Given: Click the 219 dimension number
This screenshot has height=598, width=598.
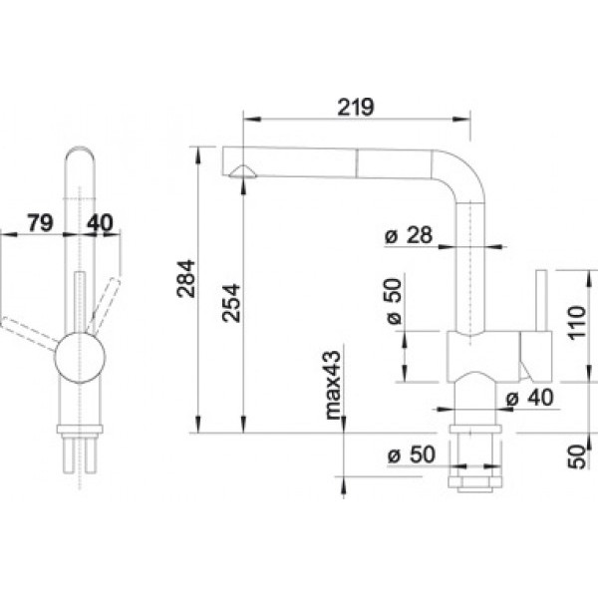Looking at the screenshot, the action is (x=356, y=107).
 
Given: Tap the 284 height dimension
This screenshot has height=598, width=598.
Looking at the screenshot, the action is (x=186, y=278).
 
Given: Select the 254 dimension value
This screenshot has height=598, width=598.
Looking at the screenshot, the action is (x=231, y=303).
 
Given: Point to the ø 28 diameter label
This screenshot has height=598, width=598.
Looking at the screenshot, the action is (x=409, y=235).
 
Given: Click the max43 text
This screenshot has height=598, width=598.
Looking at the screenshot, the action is (x=333, y=385).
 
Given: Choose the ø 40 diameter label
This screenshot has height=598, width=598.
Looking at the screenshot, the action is (x=529, y=398).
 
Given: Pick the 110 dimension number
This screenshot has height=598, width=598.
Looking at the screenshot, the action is (x=576, y=322).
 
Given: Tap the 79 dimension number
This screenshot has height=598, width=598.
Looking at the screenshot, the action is (x=40, y=222).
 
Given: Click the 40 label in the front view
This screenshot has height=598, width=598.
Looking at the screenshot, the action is (x=100, y=222).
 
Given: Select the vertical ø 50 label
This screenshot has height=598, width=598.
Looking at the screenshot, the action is (x=394, y=302).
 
